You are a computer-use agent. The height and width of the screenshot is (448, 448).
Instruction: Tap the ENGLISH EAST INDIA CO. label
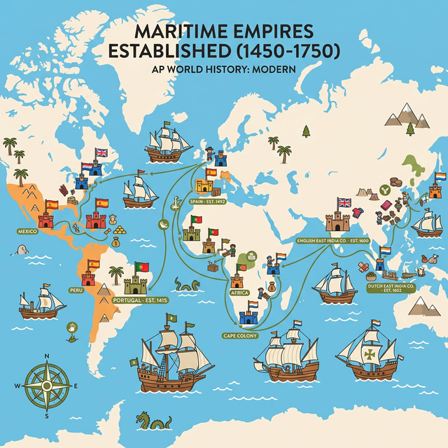click(332, 241)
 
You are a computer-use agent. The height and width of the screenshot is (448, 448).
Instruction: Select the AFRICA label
click(239, 293)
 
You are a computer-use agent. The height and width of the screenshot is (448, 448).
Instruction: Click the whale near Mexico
click(23, 250)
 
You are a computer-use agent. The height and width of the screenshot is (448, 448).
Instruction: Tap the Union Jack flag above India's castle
click(344, 203)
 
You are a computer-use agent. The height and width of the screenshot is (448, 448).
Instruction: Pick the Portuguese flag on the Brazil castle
click(142, 267)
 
